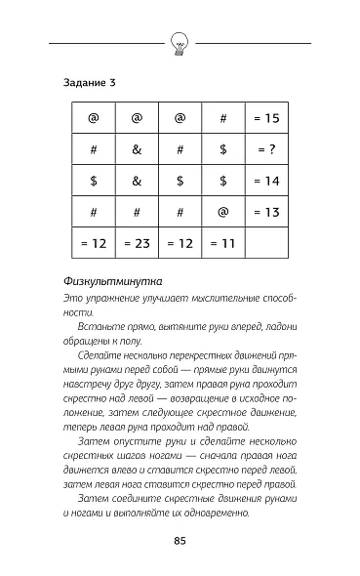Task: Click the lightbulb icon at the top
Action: coord(180,44)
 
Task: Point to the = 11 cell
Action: coord(222,243)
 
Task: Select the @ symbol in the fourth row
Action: coord(222,212)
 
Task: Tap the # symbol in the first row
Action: coord(222,119)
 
